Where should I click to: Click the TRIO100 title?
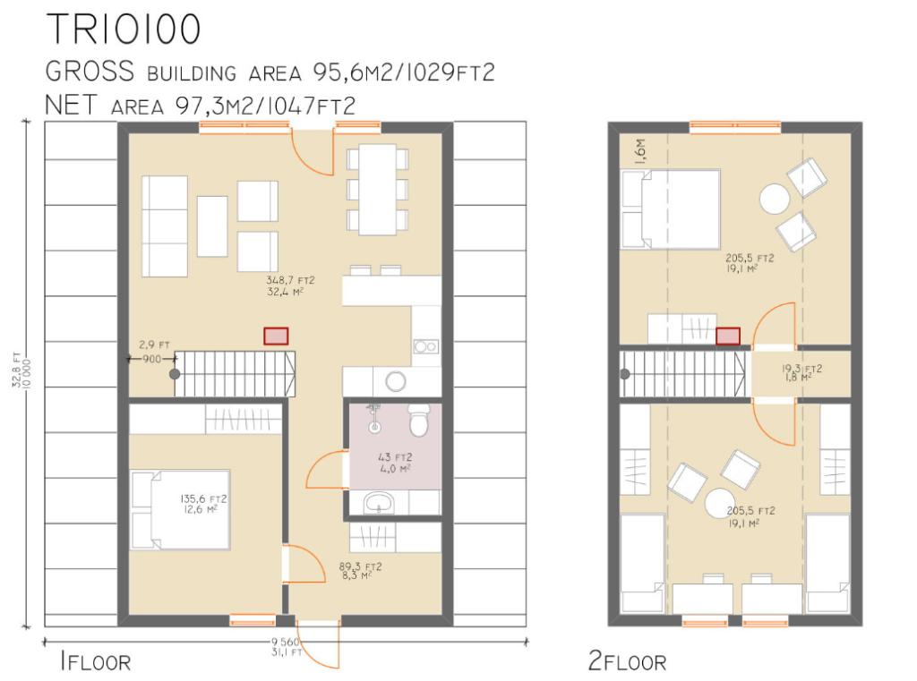pos(123,30)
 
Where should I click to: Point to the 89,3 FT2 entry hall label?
pos(361,570)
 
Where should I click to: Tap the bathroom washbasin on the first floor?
pos(381,504)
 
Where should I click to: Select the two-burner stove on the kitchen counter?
pos(425,346)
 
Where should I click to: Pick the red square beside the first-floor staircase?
pos(276,336)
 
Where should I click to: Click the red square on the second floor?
pos(728,336)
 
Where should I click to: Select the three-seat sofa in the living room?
pos(165,226)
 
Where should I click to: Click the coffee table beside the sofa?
pos(212,226)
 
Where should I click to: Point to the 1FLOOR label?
pos(94,662)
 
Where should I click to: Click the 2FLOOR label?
pos(627,662)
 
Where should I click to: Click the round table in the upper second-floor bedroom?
pos(774,198)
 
